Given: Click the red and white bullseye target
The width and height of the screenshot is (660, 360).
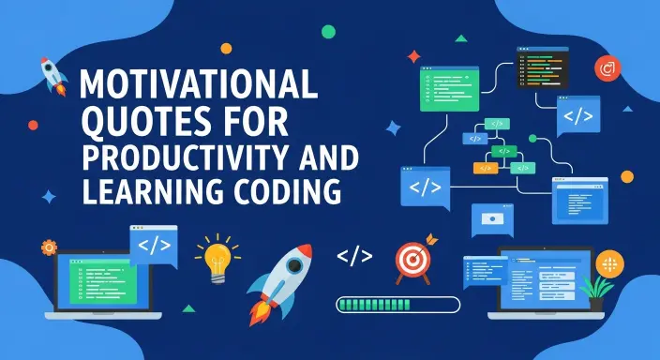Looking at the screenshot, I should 412,259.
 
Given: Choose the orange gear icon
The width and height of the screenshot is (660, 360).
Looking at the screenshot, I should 49,248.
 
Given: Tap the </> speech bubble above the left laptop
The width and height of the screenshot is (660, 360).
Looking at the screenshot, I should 153,245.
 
